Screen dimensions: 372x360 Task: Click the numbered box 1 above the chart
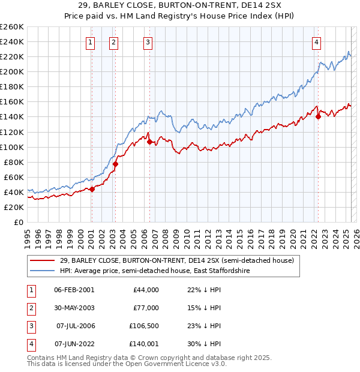click(90, 42)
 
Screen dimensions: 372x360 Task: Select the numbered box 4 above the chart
click(316, 42)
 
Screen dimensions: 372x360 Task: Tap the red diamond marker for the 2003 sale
click(116, 164)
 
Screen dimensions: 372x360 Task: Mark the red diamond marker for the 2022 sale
click(318, 117)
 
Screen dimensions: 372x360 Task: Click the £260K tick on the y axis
click(11, 26)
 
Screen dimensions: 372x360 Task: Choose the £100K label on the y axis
click(11, 147)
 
